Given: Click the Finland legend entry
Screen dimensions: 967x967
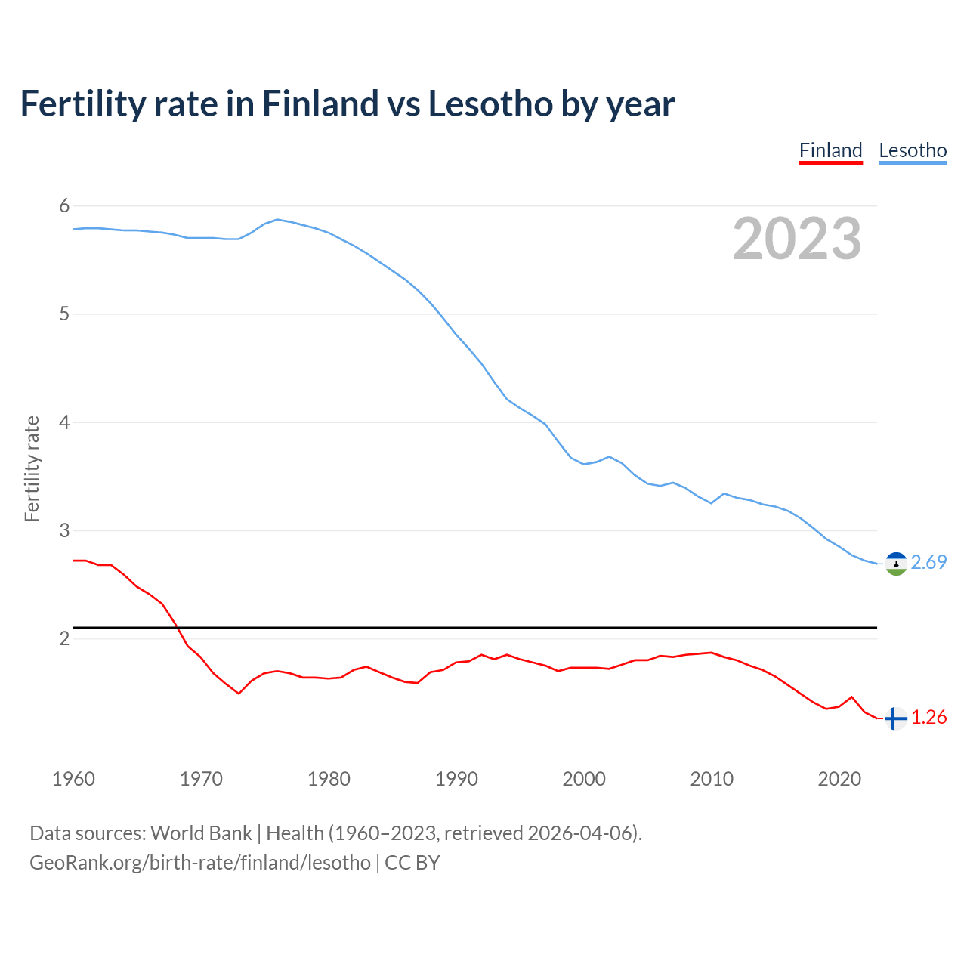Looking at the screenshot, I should (x=830, y=150).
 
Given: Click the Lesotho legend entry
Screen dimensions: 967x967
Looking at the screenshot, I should (x=913, y=150).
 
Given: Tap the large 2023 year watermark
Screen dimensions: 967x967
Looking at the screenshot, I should (x=796, y=239).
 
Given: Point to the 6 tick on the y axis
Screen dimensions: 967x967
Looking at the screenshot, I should (x=64, y=206).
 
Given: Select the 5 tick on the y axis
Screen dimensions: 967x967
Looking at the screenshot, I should (x=64, y=314).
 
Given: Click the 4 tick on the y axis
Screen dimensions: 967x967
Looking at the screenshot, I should (x=64, y=422).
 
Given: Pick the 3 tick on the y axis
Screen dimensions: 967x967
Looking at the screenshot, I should (x=64, y=530).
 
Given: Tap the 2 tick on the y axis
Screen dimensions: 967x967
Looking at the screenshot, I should (x=64, y=639).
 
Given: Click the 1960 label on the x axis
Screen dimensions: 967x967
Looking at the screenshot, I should (x=73, y=779).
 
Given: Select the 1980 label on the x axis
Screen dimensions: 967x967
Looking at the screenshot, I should (x=329, y=779).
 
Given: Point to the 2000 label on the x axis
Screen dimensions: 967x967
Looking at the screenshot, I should (x=584, y=779).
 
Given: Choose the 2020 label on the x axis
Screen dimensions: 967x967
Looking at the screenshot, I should (x=839, y=779).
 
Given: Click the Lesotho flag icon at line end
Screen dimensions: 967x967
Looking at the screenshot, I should (x=896, y=564).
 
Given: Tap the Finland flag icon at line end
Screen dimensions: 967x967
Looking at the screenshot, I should (x=896, y=718).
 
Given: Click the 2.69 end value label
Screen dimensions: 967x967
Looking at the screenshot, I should (x=928, y=563).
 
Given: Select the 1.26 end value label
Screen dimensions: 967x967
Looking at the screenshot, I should (x=928, y=718).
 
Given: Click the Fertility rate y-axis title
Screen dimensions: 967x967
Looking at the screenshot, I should (x=32, y=468).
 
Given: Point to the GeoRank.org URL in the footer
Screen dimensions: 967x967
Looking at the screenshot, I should (x=200, y=863).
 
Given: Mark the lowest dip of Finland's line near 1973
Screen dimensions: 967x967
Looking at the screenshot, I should (x=239, y=693).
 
